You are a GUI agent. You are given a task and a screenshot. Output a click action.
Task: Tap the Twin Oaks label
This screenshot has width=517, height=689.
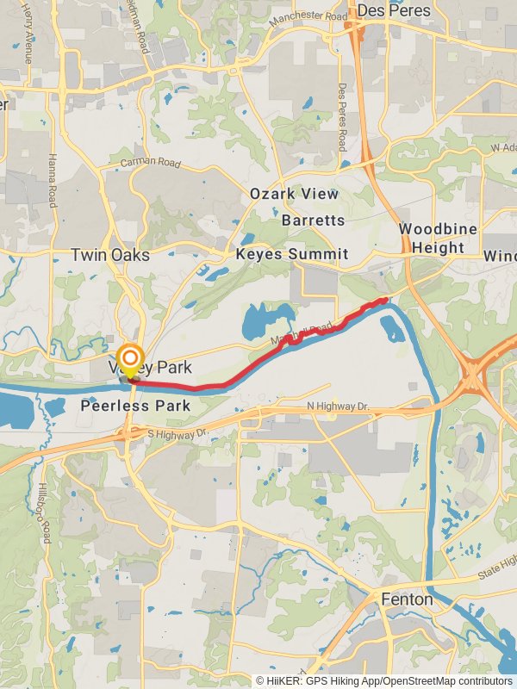point(109,255)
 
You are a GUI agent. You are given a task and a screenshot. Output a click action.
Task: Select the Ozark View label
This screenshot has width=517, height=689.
point(295,194)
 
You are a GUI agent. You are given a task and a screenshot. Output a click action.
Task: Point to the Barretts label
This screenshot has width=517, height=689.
point(314,220)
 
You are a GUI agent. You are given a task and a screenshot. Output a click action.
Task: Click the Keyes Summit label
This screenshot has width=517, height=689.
point(292,254)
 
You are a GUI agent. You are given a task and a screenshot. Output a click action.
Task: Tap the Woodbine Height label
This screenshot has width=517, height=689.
point(432,238)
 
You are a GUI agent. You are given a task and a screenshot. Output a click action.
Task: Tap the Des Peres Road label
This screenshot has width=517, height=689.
point(342,116)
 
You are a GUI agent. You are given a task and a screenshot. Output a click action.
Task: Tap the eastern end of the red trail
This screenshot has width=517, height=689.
point(384,300)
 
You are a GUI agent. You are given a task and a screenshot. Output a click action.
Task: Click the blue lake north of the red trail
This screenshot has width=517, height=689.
point(259,322)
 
